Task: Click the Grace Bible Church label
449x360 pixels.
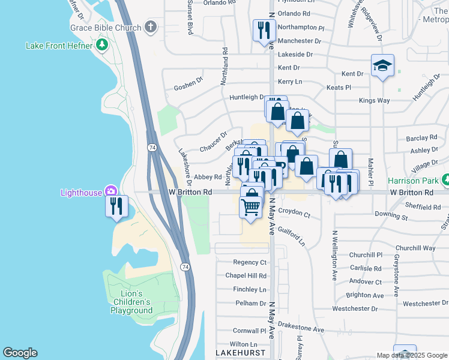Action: pos(105,28)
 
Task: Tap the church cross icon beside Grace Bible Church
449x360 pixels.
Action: pos(150,27)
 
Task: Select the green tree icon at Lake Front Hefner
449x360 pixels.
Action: pos(102,45)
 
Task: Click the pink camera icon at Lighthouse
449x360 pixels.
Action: pos(111,192)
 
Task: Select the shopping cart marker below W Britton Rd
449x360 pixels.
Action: pos(251,208)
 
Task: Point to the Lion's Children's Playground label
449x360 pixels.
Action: pos(131,302)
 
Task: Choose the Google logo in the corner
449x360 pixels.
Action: pos(20,353)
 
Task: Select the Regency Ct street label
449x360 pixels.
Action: pos(250,263)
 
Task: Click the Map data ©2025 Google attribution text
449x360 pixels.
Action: pos(411,355)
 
